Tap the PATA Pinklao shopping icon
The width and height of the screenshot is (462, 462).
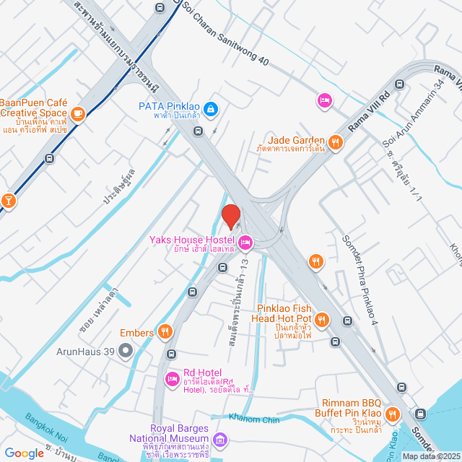[x=210, y=109]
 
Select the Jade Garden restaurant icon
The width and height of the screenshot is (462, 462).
[x=335, y=142]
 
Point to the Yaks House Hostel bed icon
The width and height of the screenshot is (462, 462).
[x=245, y=241]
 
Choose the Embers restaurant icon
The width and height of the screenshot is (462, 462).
[x=165, y=331]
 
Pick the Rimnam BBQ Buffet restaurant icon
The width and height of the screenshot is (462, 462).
[x=393, y=414]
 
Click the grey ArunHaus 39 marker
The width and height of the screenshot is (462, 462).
[x=126, y=352]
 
